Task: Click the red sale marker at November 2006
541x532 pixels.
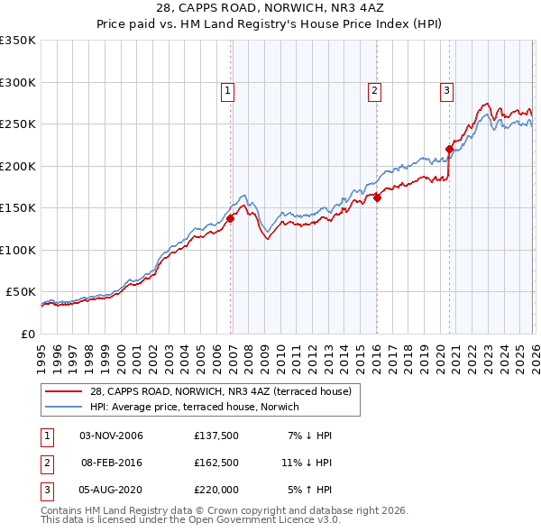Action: click(230, 218)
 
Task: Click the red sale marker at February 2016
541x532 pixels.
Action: click(377, 198)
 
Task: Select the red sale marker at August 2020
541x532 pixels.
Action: click(448, 150)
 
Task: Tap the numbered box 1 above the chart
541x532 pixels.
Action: click(227, 89)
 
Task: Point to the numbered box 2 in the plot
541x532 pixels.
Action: click(373, 89)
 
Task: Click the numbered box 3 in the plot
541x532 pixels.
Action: click(446, 89)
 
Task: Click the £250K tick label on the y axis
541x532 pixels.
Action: click(18, 124)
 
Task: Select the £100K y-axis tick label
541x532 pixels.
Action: click(18, 250)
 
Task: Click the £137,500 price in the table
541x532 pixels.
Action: click(215, 436)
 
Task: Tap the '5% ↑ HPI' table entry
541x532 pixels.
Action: click(309, 490)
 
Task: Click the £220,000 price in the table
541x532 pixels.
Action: click(215, 490)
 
